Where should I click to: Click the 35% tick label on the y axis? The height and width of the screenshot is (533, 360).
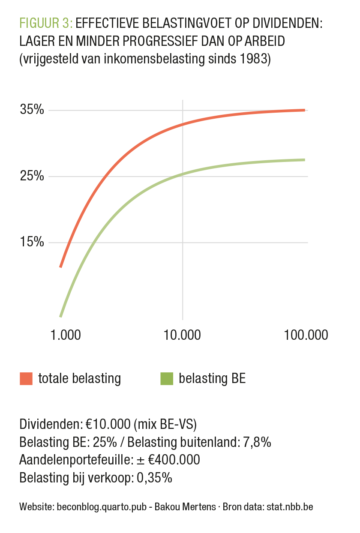click(32, 110)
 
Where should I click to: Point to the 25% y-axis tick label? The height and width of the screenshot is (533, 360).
click(32, 176)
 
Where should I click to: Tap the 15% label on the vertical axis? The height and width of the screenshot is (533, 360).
click(32, 242)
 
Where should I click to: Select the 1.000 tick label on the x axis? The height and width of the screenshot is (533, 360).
click(66, 335)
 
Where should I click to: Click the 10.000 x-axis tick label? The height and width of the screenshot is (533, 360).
click(182, 335)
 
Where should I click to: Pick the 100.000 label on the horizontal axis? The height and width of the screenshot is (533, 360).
click(306, 335)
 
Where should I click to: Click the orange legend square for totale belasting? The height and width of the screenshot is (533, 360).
click(26, 379)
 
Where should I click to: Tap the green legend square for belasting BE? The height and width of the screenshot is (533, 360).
click(166, 379)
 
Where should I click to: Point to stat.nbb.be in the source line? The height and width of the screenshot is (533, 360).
click(290, 507)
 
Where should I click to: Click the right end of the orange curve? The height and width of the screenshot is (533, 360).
click(304, 110)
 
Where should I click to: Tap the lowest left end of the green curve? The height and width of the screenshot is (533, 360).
click(60, 316)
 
